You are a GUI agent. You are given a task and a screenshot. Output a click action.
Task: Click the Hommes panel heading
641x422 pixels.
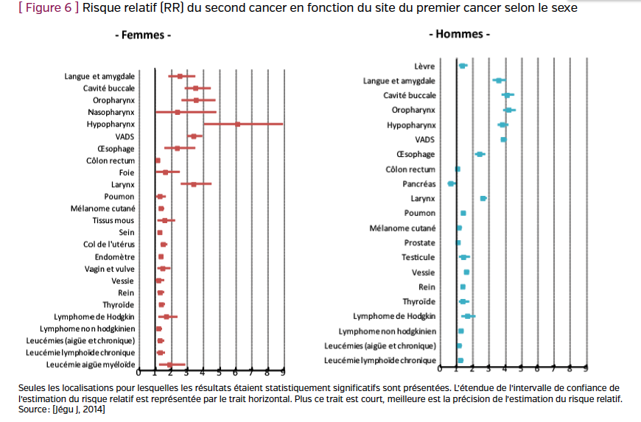(x=460, y=34)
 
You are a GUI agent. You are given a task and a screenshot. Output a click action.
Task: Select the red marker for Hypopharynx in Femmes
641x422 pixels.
(x=237, y=124)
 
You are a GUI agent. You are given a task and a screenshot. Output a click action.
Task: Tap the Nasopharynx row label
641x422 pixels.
(x=111, y=112)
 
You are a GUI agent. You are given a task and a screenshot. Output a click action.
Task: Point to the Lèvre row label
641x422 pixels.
(x=425, y=66)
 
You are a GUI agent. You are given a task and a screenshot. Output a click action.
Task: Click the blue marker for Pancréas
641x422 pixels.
(x=452, y=183)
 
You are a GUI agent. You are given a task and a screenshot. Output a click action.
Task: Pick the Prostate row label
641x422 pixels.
(x=419, y=242)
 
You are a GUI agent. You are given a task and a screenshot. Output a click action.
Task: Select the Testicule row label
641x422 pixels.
(x=418, y=257)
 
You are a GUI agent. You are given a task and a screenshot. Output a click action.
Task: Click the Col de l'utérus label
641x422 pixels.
(x=109, y=245)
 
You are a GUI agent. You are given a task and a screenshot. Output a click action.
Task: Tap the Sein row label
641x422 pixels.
(x=127, y=233)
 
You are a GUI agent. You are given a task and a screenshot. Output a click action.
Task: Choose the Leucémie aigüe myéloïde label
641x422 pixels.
(x=91, y=365)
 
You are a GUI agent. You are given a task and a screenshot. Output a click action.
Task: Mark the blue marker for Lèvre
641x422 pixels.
(x=463, y=66)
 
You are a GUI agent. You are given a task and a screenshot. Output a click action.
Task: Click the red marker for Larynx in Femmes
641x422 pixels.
(x=194, y=184)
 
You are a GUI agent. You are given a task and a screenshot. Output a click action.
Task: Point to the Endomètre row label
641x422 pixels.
(x=115, y=256)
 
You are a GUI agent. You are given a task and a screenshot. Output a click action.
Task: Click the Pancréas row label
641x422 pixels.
(x=419, y=183)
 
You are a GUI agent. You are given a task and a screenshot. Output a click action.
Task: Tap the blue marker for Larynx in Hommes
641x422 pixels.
(x=483, y=198)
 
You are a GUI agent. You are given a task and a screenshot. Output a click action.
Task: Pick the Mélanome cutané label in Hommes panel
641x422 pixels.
(x=402, y=228)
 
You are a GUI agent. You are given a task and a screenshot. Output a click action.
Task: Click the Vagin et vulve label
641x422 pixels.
(x=110, y=269)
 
